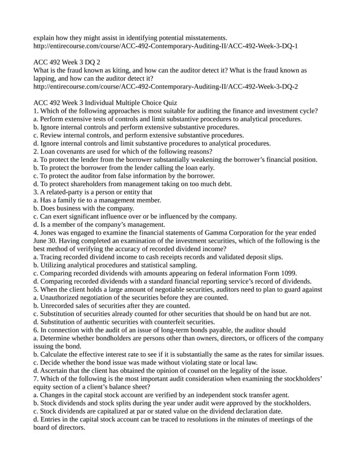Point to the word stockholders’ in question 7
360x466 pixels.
301,379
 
